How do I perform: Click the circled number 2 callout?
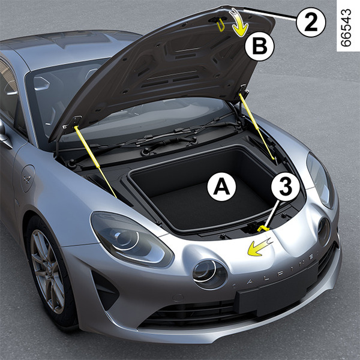click(x=311, y=22)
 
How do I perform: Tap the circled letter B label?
click(x=259, y=46)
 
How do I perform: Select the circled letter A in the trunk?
click(x=221, y=187)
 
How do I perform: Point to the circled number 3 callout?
click(x=286, y=187)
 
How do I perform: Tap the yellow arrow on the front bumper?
click(x=259, y=247)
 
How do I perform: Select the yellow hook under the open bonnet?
click(x=220, y=25)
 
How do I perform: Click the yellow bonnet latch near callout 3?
click(x=263, y=229)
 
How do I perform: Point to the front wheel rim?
click(x=47, y=272)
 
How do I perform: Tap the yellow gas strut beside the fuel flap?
click(x=95, y=162)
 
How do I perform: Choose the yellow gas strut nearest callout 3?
click(x=257, y=126)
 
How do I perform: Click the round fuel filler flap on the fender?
click(x=28, y=178)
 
